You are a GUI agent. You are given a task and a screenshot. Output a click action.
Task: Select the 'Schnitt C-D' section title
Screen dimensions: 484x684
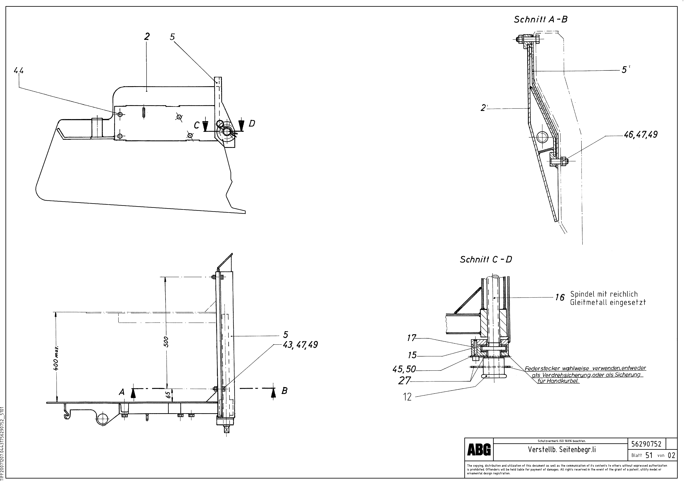coord(486,260)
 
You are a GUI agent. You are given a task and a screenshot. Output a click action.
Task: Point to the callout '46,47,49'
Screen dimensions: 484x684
coord(640,135)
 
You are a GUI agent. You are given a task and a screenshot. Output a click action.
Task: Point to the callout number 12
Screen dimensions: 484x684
coord(407,397)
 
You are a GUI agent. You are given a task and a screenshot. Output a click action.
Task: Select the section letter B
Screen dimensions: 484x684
coord(285,391)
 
